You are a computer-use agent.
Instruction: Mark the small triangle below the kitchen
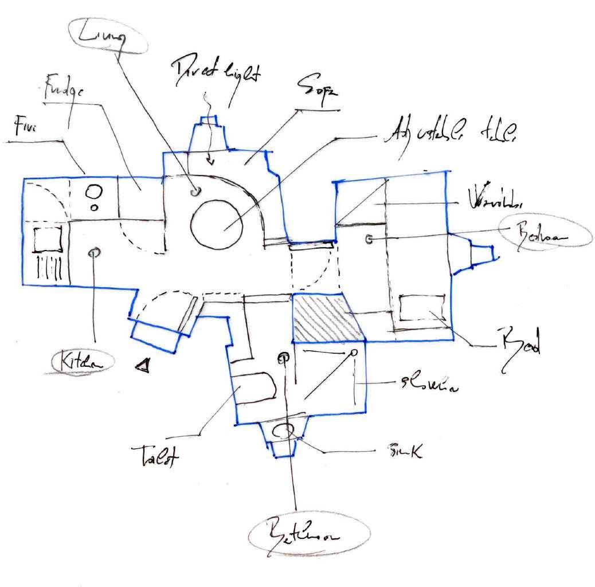pos(143,365)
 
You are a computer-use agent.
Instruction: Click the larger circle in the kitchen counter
pos(92,191)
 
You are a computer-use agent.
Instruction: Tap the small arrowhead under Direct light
pos(210,161)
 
